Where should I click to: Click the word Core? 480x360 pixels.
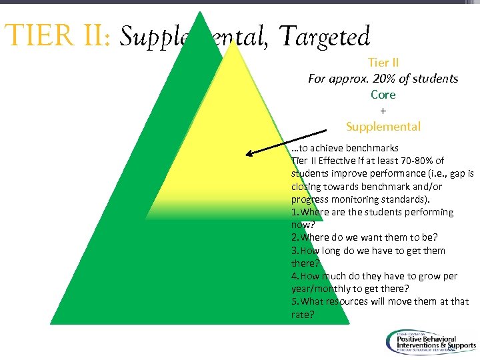pos(383,94)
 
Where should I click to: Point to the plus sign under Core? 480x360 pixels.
pos(383,110)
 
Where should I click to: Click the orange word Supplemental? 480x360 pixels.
pos(383,126)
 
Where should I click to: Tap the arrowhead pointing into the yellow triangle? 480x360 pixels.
pos(249,154)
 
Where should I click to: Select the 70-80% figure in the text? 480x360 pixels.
pos(414,161)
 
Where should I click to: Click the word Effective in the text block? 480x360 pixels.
pos(340,161)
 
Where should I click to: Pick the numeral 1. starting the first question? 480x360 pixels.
pos(295,212)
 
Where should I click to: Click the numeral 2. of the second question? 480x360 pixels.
pos(295,237)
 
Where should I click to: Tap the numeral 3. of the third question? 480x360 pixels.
pos(295,251)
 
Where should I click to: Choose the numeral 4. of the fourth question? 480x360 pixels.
pos(295,276)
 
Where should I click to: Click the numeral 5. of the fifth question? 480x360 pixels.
pos(295,301)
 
